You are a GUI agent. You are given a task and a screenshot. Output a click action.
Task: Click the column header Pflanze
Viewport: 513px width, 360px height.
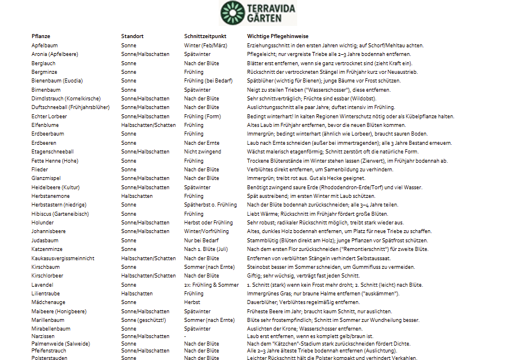41,36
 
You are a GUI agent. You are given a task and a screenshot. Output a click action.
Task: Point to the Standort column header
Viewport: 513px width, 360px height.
132,36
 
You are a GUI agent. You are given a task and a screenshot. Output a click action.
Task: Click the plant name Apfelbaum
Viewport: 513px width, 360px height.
44,45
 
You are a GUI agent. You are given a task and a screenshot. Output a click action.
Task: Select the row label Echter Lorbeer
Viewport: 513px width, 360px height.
49,116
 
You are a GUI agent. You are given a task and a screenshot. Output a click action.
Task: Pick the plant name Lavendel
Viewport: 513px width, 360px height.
43,285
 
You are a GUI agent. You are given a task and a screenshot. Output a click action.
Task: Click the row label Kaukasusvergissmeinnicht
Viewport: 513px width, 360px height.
63,258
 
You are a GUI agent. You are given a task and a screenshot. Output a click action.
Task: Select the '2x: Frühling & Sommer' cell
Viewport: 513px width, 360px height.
211,285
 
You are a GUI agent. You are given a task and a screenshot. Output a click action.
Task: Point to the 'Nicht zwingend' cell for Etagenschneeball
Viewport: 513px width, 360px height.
202,152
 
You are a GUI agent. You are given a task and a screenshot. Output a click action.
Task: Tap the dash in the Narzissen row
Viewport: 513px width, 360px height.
185,336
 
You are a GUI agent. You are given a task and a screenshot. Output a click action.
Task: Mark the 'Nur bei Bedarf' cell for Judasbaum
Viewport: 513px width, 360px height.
201,241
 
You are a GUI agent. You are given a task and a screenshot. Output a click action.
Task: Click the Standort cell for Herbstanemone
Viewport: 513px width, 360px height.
136,196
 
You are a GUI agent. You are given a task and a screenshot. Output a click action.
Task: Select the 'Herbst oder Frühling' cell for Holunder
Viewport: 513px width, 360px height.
208,223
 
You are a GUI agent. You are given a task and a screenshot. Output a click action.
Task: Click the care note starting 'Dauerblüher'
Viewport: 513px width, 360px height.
303,302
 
